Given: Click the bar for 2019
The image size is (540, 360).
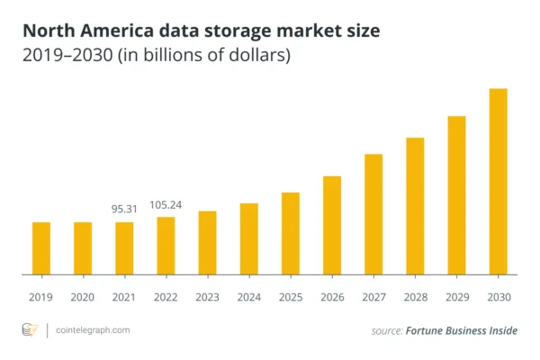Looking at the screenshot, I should click(41, 247).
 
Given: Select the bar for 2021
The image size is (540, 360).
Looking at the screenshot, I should click(124, 247).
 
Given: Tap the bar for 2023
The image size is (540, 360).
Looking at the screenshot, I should click(207, 242).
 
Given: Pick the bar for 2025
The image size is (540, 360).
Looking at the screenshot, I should click(290, 233).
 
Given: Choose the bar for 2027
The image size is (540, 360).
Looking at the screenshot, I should click(373, 213).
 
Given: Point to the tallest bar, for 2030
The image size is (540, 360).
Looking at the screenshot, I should click(498, 180).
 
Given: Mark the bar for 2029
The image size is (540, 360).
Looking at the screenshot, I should click(456, 194).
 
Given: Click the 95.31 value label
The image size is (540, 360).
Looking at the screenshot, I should click(124, 208).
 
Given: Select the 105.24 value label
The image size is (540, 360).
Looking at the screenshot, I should click(166, 204).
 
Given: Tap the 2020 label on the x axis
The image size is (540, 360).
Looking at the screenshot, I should click(83, 296).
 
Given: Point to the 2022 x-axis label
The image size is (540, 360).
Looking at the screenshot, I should click(166, 296).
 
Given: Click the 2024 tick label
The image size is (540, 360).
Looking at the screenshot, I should click(248, 296).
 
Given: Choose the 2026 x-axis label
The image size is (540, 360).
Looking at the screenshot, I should click(331, 296).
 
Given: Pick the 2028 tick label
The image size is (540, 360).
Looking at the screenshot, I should click(415, 296).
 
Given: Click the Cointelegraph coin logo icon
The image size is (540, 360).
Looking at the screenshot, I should click(29, 330).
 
